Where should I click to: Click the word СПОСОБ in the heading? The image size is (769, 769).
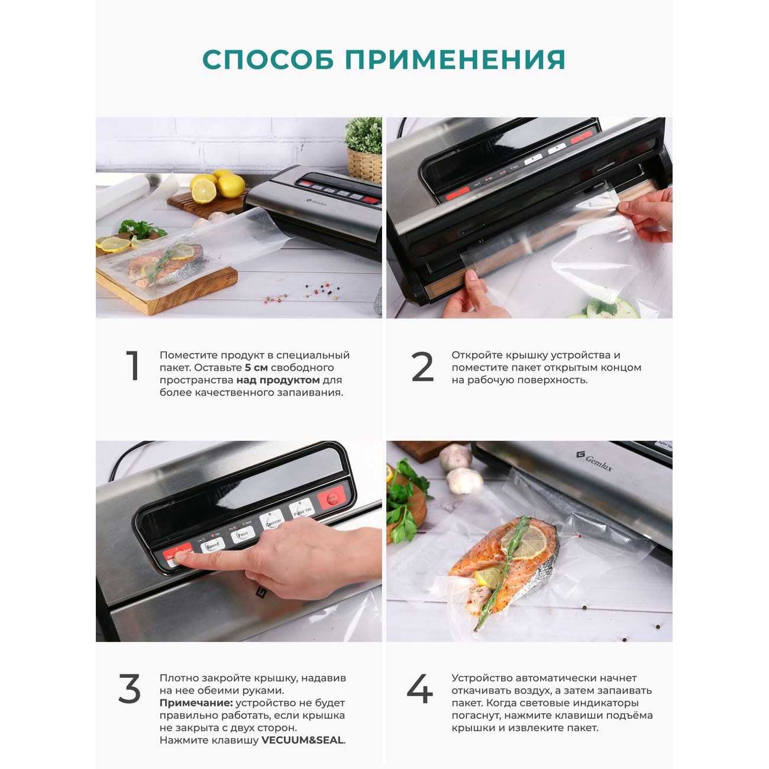pos(268,60)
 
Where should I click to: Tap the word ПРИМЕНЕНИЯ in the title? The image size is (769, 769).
pos(455,60)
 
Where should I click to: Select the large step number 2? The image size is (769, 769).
pos(422,366)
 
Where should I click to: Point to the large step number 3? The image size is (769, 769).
pos(130,689)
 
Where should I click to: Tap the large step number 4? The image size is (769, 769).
pos(420,689)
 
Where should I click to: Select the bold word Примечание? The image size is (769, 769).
pos(196,703)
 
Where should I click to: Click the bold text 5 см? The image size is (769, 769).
pos(256,367)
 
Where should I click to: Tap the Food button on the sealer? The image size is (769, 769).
pos(243,534)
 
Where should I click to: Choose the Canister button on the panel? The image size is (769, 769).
pos(273,522)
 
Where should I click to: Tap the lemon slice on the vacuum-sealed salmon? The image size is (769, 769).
pos(524,542)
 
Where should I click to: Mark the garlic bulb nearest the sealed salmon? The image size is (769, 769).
pos(464,480)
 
